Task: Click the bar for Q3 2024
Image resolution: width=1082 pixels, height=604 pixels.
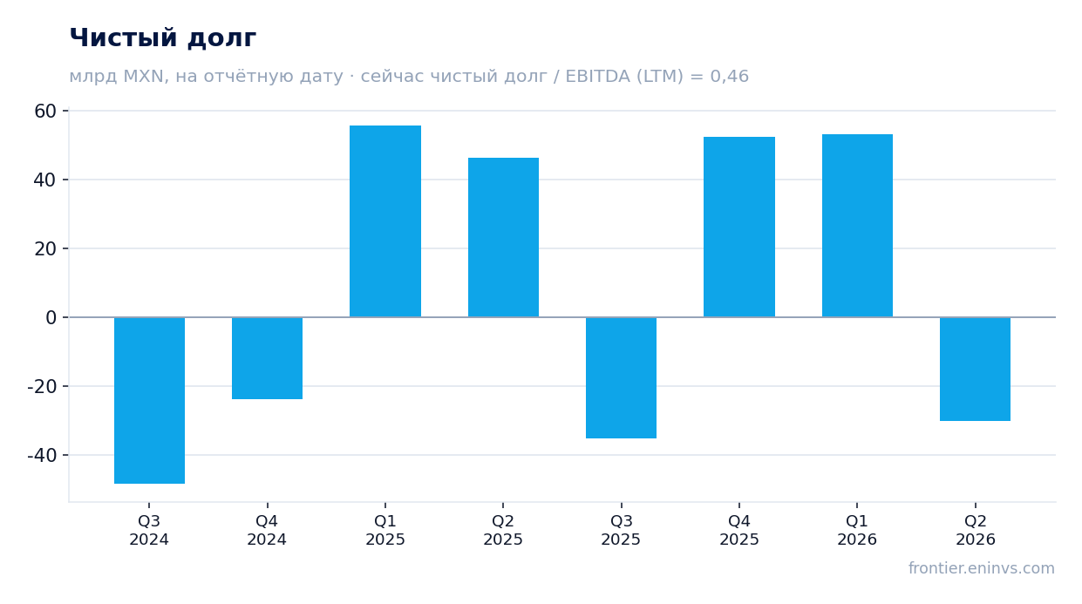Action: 149,400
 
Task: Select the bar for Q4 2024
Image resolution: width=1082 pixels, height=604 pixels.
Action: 267,358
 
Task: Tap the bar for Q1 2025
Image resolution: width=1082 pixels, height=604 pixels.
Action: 385,221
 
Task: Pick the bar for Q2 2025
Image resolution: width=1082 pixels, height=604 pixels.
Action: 503,238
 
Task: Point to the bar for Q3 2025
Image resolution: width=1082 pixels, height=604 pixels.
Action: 621,377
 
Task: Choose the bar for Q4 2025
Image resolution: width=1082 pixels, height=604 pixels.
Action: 739,227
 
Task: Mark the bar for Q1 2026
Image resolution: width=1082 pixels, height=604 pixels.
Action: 857,226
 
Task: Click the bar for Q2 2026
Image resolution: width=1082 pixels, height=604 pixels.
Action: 976,369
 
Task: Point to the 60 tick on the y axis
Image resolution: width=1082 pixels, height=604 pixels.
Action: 45,111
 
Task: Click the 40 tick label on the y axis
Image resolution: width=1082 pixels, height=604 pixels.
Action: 45,180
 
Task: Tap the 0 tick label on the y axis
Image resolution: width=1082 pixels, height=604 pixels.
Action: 51,318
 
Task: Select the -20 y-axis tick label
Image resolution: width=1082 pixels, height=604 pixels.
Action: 42,387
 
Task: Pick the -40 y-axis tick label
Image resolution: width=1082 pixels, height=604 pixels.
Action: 42,455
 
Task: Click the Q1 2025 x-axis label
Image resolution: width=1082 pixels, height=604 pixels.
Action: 385,530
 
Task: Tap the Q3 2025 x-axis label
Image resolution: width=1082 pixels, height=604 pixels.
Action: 621,530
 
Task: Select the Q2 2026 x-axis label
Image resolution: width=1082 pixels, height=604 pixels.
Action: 976,530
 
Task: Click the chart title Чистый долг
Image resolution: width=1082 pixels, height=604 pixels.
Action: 163,38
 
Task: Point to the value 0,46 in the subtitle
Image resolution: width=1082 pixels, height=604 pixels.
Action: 730,77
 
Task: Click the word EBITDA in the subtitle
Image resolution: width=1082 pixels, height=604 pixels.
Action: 597,77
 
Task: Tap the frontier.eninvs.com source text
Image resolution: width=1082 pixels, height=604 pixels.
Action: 982,568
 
